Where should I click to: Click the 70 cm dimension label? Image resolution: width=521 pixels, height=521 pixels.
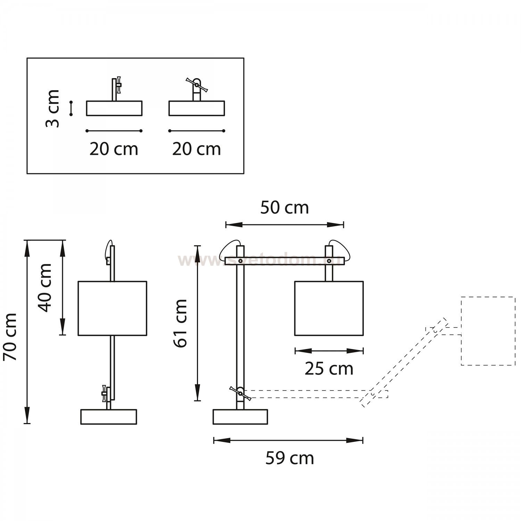10,337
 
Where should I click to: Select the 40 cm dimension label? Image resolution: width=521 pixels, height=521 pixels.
45,288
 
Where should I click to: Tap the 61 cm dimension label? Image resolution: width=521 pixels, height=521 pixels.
181,323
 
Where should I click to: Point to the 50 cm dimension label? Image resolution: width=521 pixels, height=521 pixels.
284,208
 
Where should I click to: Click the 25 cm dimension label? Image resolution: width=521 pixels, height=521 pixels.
329,369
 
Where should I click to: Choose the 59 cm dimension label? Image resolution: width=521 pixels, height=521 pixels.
290,458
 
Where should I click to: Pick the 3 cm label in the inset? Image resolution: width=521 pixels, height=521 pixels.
53,108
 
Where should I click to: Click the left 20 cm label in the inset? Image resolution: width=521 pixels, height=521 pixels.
114,149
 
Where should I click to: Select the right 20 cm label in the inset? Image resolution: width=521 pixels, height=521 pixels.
197,149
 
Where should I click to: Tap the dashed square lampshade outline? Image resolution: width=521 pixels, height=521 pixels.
488,331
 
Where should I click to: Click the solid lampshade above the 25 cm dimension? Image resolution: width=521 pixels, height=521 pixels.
329,308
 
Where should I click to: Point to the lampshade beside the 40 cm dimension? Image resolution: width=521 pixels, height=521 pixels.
112,308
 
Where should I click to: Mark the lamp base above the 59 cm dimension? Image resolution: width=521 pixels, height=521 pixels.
240,417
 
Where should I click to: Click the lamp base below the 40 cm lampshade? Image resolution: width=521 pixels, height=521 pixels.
109,417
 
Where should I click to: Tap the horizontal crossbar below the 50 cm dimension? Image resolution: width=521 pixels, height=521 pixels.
284,261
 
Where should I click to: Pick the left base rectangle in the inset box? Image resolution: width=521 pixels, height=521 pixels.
114,108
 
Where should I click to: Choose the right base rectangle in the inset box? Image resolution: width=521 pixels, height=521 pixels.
197,108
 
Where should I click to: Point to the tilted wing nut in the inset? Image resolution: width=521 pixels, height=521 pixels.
197,85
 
